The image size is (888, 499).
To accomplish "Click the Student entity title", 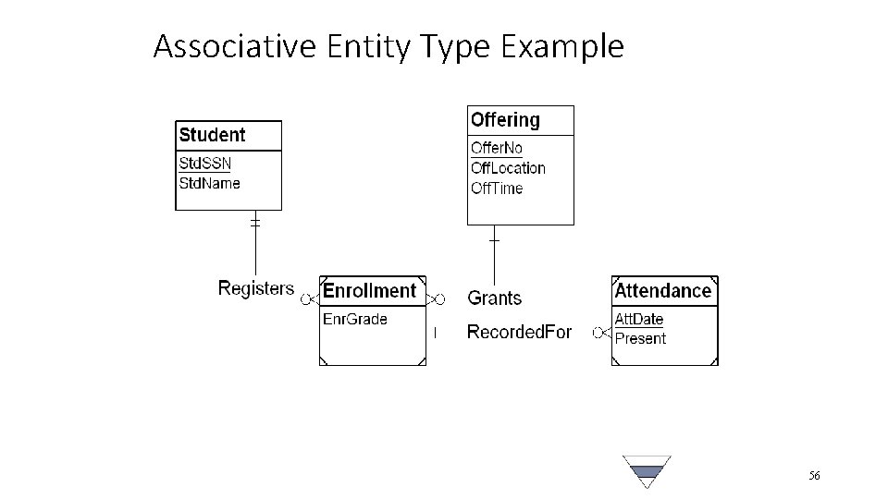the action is point(212,135).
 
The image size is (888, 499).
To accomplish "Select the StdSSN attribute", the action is point(204,164).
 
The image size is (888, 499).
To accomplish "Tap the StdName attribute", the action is point(209,183).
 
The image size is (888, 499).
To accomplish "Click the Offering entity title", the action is point(505,120).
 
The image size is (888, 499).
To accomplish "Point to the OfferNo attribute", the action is point(497,148).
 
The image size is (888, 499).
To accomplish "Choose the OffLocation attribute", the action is point(508,168).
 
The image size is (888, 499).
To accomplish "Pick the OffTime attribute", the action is point(497,189).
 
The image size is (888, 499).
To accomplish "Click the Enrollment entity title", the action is point(369,291).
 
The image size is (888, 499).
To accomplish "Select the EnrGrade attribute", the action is point(354,320).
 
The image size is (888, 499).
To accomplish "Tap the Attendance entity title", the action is point(663,291).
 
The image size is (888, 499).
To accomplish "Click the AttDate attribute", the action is point(639,319).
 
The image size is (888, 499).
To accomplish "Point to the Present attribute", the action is point(640,338).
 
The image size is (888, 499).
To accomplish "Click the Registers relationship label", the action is point(256,288).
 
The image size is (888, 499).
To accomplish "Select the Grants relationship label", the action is point(495,298).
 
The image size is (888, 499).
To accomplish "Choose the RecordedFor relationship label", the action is point(519,332).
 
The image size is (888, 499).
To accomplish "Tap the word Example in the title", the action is point(565,45).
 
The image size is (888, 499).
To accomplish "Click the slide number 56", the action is point(814,476).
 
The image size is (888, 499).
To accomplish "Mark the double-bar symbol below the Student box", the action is point(255,223).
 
